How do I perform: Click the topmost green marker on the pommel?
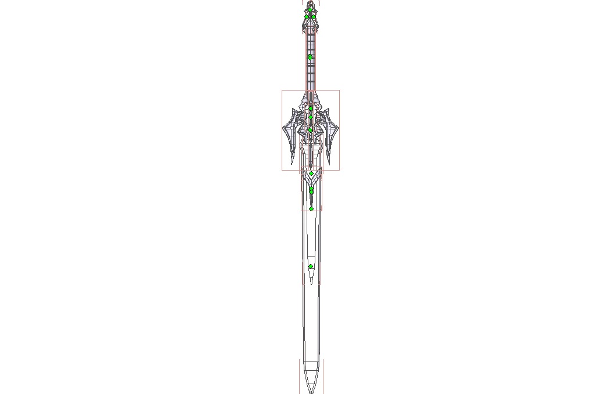click(311, 10)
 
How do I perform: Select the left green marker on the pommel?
click(307, 17)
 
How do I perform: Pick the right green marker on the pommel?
click(314, 16)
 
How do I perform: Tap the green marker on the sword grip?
click(311, 57)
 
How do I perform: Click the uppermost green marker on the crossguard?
click(311, 109)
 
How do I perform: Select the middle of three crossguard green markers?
click(311, 117)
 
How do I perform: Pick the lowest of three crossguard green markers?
click(311, 130)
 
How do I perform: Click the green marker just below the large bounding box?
click(311, 173)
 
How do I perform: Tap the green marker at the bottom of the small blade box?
click(311, 209)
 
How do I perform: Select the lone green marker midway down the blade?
click(311, 266)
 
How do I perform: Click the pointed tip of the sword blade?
click(311, 392)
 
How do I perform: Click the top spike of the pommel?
click(311, 2)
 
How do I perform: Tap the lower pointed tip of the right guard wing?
click(328, 163)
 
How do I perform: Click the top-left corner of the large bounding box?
click(282, 90)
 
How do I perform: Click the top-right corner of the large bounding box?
click(340, 90)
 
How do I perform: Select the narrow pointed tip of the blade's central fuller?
click(311, 284)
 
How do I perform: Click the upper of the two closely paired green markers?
click(311, 188)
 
